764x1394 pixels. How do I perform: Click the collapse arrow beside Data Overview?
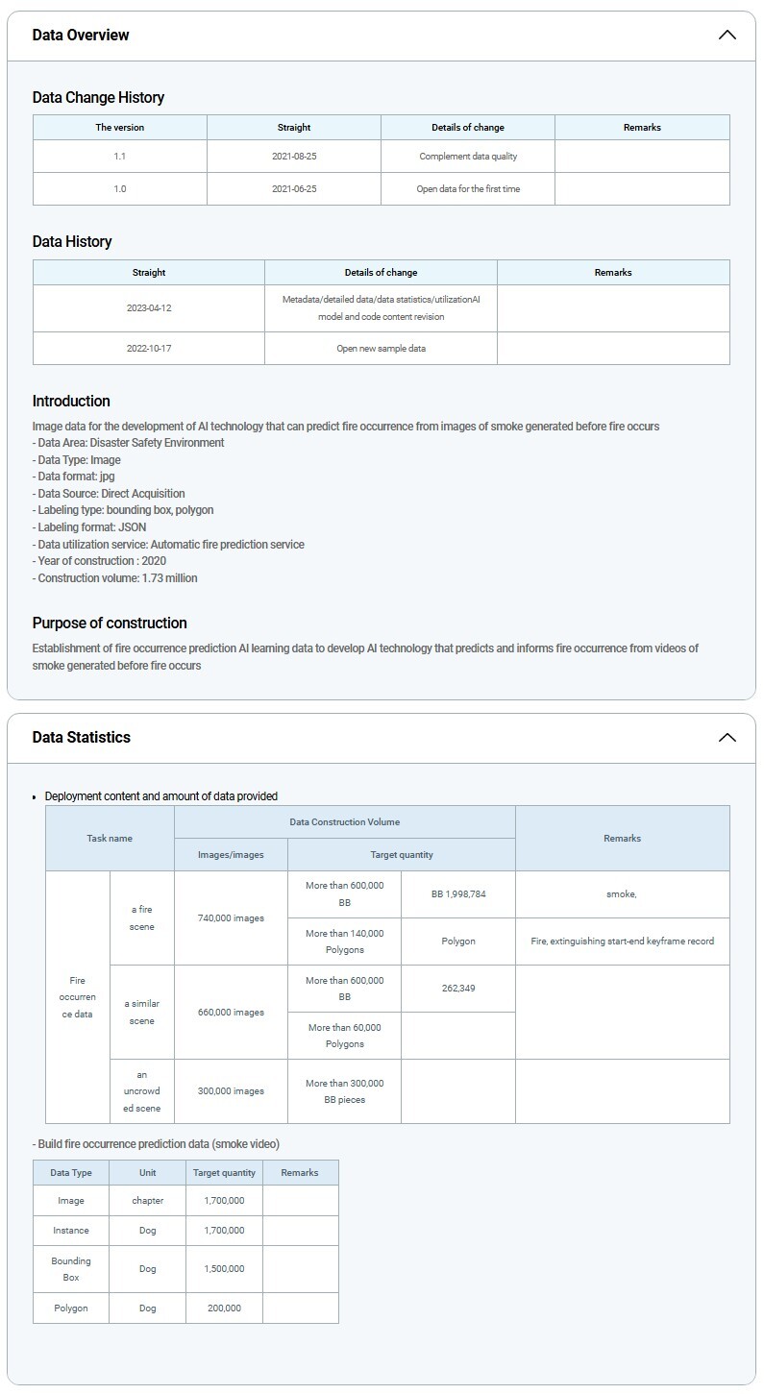[x=727, y=36]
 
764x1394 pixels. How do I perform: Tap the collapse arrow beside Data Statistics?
[x=727, y=738]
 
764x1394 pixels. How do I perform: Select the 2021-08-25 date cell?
[x=293, y=156]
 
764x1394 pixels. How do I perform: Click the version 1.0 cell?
[x=119, y=189]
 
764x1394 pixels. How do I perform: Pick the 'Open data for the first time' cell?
[x=468, y=189]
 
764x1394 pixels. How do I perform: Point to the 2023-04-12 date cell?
[x=148, y=308]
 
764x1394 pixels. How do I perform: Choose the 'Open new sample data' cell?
[x=381, y=349]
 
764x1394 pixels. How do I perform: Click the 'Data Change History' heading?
[x=98, y=98]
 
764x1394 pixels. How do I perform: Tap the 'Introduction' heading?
[x=71, y=402]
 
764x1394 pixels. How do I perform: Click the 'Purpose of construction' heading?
[x=110, y=624]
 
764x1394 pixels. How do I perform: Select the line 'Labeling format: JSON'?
[x=89, y=527]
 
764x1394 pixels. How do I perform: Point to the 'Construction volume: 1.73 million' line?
[x=115, y=578]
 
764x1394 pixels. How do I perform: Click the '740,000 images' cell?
[x=231, y=918]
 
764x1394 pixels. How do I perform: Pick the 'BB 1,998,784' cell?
[x=458, y=894]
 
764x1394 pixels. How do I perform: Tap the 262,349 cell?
[x=458, y=989]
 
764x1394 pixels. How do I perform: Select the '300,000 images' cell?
[x=231, y=1091]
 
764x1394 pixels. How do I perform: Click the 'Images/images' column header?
[x=231, y=855]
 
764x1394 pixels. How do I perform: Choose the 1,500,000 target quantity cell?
[x=224, y=1269]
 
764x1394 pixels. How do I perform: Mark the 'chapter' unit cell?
[x=147, y=1201]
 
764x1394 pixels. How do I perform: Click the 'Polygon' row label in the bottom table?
[x=71, y=1308]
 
